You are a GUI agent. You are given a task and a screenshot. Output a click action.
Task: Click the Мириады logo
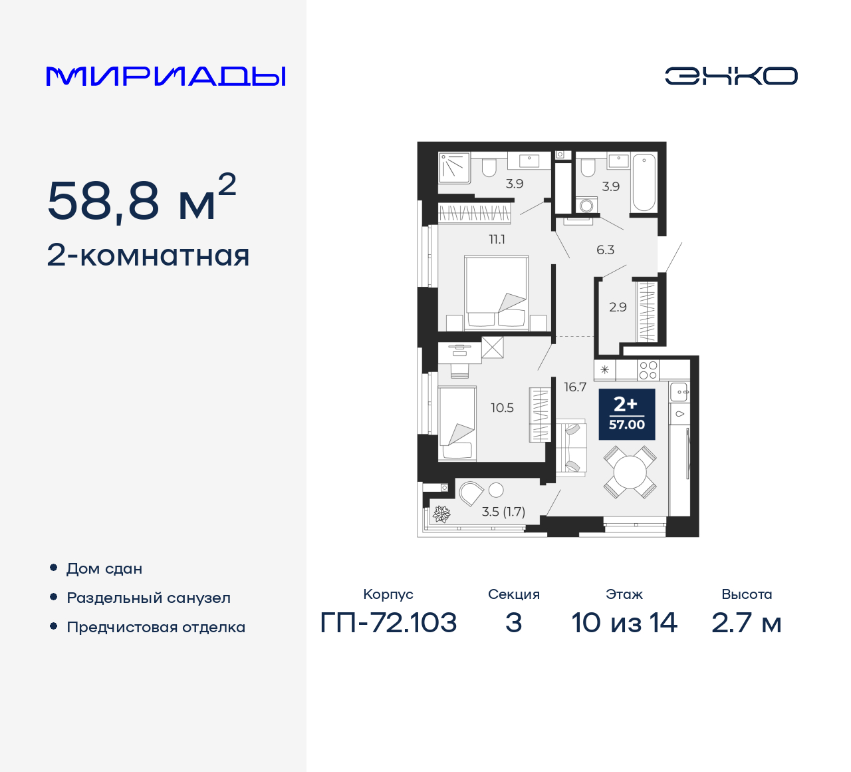point(166,77)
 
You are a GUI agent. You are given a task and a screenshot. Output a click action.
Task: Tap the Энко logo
point(731,76)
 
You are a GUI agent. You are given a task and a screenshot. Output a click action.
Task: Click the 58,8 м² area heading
point(142,199)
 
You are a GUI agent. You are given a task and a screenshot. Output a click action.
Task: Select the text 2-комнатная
point(148,256)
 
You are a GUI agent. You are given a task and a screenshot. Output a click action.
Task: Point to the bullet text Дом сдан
point(104,569)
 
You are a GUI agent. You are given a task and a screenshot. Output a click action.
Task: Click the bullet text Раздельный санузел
point(148,598)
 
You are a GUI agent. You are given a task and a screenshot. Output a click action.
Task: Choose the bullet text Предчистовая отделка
point(156,628)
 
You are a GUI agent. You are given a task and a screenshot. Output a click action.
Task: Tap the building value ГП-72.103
point(388,623)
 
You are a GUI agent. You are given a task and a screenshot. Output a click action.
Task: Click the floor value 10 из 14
point(624,623)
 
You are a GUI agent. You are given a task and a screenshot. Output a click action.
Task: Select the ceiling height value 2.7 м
point(746,623)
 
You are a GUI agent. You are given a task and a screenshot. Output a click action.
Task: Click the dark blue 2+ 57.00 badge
point(626,414)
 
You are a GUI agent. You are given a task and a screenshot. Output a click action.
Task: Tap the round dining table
point(629,473)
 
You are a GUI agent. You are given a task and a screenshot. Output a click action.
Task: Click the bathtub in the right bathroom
point(644,182)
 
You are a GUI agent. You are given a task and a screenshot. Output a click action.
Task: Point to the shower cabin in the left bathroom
point(454,167)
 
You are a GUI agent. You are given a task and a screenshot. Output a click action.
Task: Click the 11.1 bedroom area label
point(497,240)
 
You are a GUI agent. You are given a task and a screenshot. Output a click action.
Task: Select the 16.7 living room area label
point(575,387)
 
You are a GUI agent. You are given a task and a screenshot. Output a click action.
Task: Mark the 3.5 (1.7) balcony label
point(503,512)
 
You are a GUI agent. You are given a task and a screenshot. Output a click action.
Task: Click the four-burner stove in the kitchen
point(648,370)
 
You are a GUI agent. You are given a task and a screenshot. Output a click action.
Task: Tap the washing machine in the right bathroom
point(586,205)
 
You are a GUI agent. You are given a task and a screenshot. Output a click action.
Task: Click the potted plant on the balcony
point(441,514)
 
